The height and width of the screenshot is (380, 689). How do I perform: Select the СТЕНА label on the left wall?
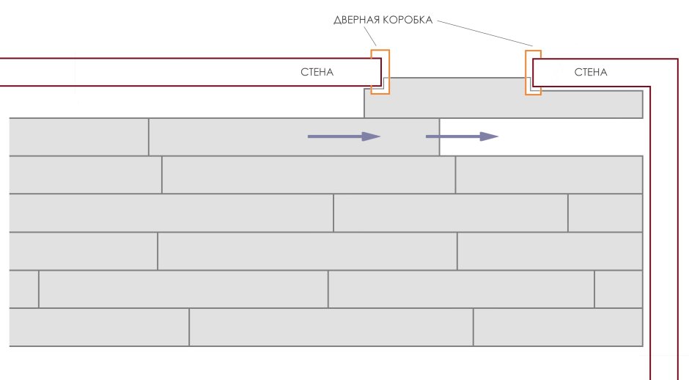pos(317,72)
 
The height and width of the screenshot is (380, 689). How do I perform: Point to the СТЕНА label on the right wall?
pos(590,72)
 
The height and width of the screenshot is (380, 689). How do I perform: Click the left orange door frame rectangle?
pos(380,71)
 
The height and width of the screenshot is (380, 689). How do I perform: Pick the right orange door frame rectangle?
pos(533,72)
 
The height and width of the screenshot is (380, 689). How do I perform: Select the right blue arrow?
pos(462,136)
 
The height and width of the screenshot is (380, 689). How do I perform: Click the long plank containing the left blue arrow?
pos(293,136)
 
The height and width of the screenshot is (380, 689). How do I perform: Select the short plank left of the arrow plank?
pos(78,136)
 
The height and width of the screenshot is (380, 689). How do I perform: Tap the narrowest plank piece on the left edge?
pos(24,289)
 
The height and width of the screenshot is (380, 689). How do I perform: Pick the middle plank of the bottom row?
pos(331,327)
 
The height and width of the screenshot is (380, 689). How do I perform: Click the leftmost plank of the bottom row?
pos(99,327)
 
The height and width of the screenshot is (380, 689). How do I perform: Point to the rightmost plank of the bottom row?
pos(558,327)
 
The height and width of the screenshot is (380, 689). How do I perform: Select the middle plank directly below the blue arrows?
pos(308,175)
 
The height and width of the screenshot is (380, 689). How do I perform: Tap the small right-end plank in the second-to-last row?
pos(618,289)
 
